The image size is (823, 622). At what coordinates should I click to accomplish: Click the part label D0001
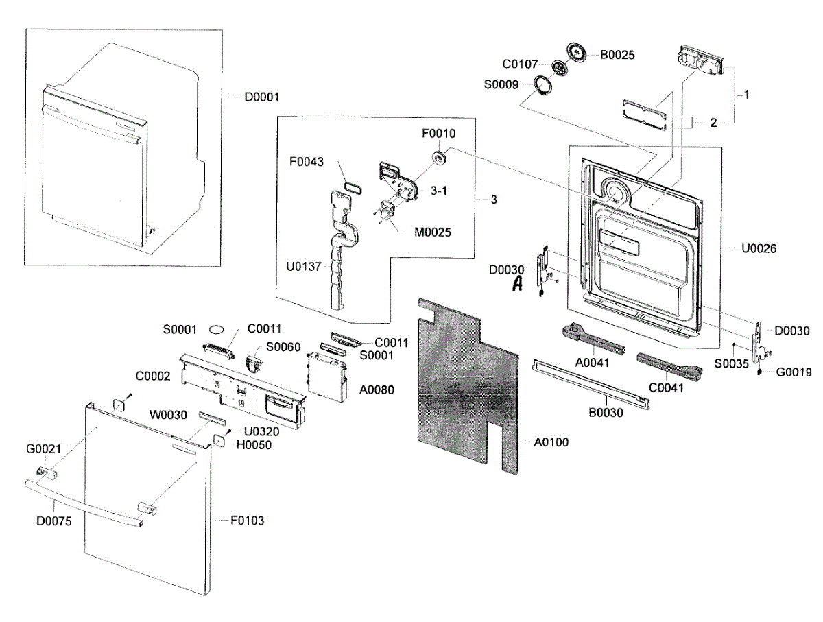(x=261, y=97)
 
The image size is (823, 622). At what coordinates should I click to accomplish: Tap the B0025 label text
(x=617, y=55)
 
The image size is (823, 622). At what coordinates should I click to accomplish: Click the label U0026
(x=759, y=248)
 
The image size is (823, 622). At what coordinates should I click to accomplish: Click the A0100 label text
(x=551, y=442)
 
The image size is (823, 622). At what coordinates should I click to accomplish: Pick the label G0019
(x=794, y=372)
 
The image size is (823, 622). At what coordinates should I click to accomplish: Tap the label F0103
(x=246, y=521)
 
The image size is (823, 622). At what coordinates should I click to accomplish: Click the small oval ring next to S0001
(x=217, y=328)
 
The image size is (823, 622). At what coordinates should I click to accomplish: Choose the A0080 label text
(x=376, y=387)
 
